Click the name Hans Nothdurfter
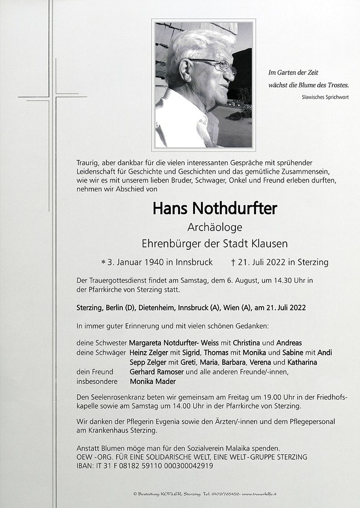[214, 208]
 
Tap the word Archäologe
[214, 227]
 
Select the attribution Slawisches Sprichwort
[325, 97]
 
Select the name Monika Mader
[153, 381]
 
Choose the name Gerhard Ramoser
[157, 372]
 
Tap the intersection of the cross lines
[56, 97]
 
